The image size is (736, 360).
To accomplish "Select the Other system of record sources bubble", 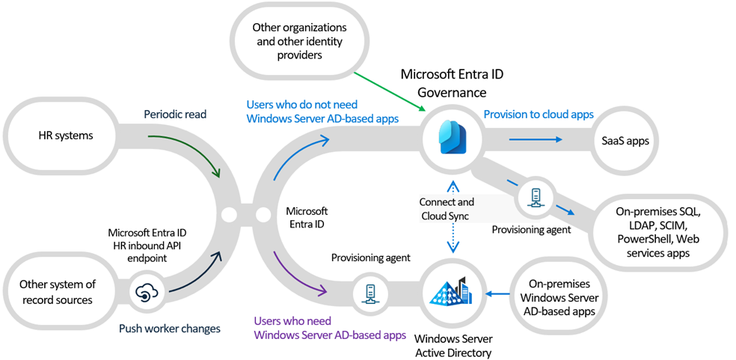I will point(58,292).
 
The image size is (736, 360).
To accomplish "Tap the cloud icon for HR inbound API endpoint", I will point(144,293).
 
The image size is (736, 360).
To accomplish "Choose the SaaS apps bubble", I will point(625,140).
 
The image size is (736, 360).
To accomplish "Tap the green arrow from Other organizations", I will point(389,91).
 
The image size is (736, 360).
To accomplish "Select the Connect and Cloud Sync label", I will point(447,209).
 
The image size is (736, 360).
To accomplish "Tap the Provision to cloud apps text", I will point(539,115).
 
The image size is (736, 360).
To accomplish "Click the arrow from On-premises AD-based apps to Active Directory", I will point(498,293).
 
